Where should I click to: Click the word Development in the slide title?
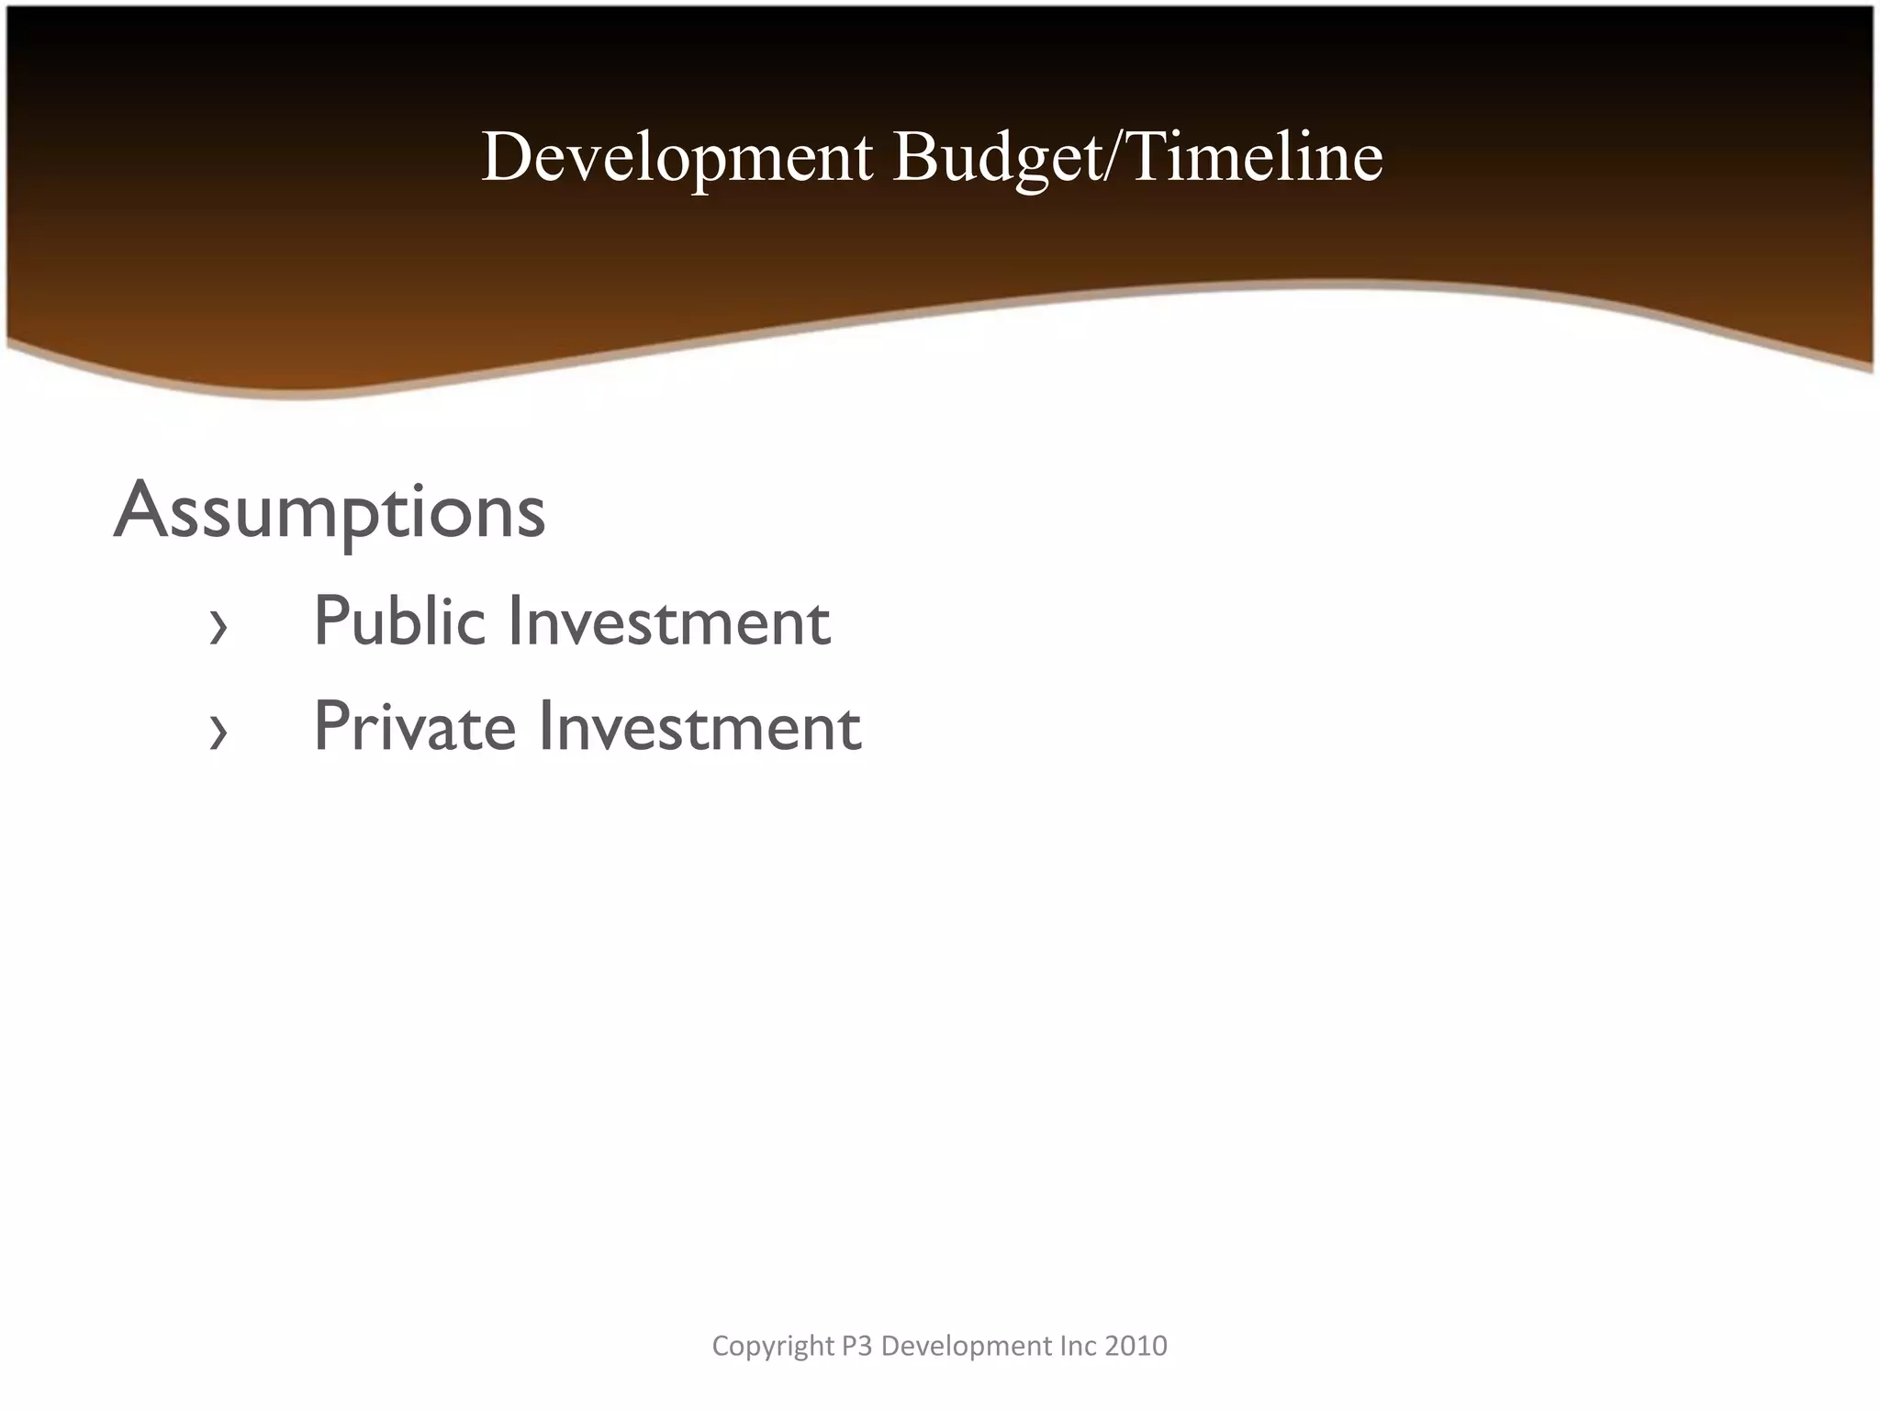677,158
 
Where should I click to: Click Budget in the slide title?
997,158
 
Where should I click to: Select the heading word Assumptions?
330,511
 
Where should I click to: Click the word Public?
399,621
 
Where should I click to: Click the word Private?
415,727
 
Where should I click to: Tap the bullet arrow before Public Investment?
218,629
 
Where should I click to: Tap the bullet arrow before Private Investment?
218,733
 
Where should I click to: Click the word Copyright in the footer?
773,1346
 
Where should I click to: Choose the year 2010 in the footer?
1136,1346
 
